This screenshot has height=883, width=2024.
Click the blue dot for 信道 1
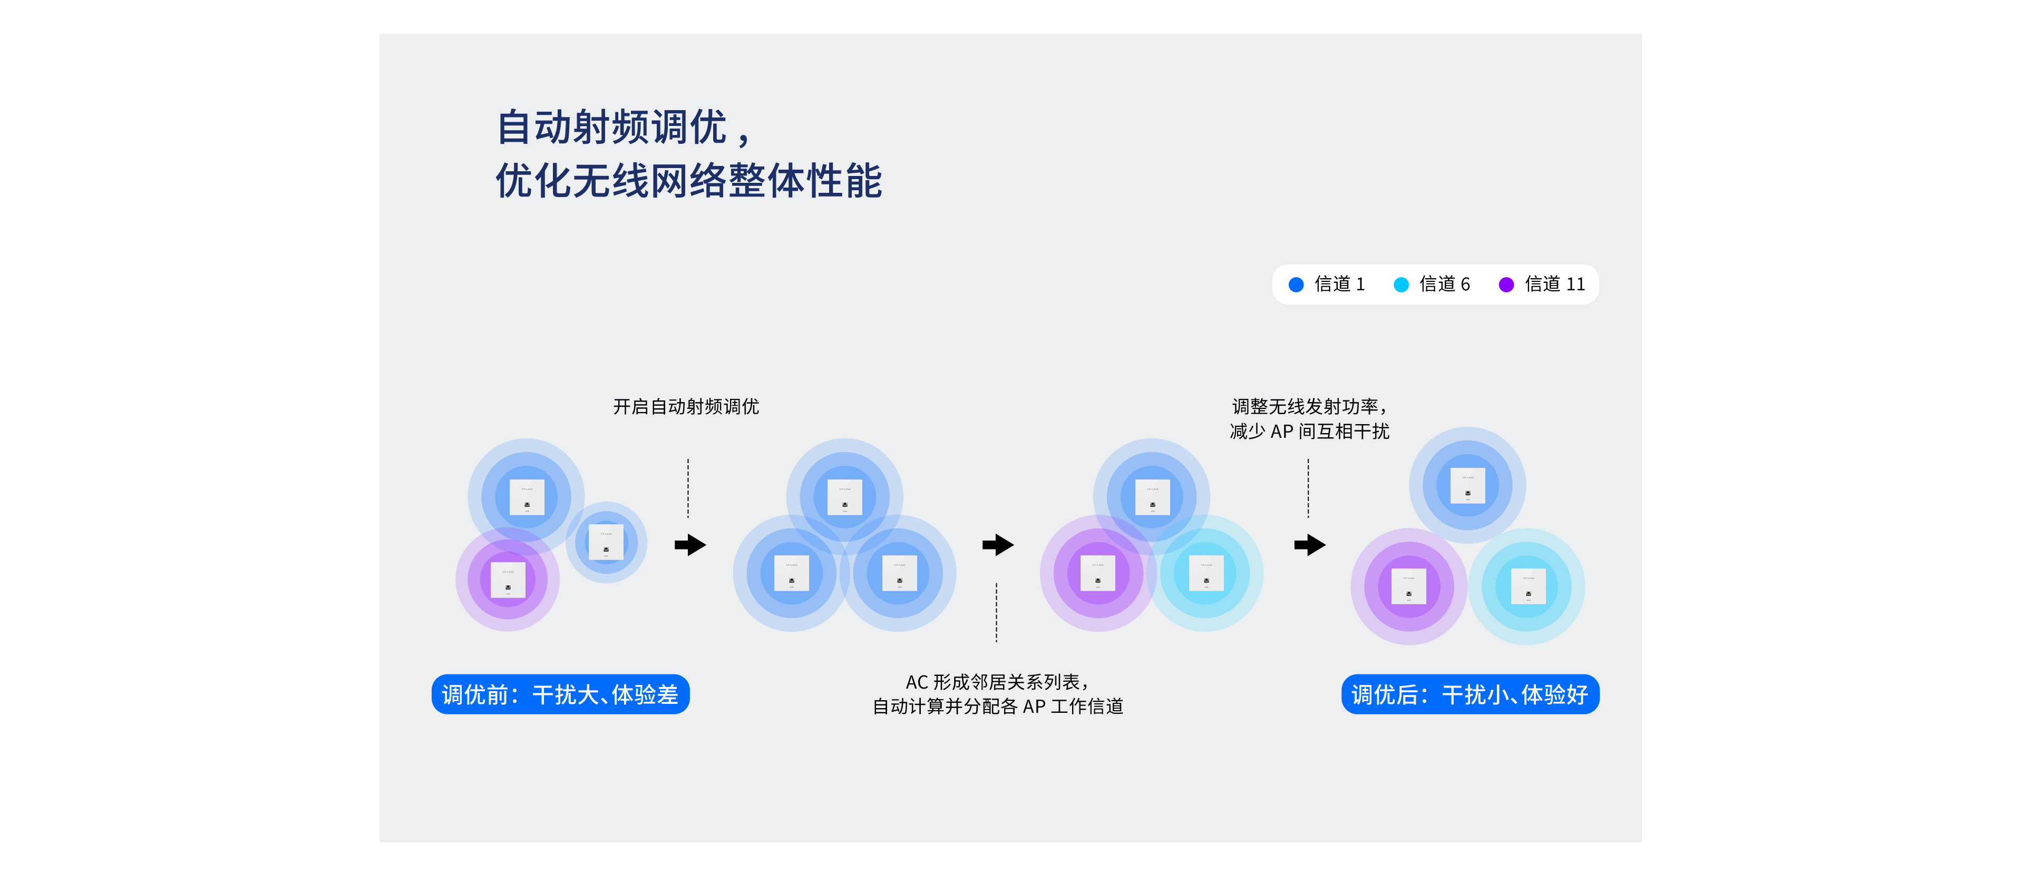[1296, 284]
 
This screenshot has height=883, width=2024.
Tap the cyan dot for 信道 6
[1401, 284]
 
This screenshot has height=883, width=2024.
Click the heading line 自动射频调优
[625, 127]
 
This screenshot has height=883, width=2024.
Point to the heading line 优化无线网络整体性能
[688, 181]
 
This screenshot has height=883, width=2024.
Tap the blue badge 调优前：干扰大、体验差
[560, 694]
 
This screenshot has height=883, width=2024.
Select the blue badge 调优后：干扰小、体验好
[1470, 694]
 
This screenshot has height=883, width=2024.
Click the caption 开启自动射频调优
[686, 406]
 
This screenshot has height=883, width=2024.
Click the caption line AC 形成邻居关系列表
[996, 682]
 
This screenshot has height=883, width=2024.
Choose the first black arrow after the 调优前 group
[690, 544]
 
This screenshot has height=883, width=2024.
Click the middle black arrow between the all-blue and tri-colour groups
[998, 544]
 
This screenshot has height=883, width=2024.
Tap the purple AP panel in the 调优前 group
[508, 580]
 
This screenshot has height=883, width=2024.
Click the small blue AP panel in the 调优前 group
[606, 542]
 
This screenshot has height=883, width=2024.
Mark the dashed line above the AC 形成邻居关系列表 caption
[996, 612]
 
